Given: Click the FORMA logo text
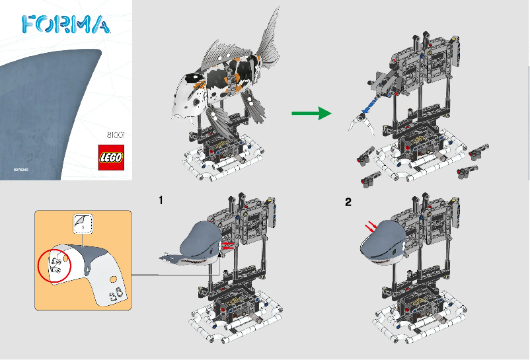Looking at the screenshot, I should [x=65, y=24].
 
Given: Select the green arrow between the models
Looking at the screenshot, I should [x=311, y=114].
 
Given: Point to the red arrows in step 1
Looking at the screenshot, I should [x=227, y=246].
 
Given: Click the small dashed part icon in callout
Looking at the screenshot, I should [x=83, y=225].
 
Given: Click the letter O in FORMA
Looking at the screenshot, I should [x=47, y=24].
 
